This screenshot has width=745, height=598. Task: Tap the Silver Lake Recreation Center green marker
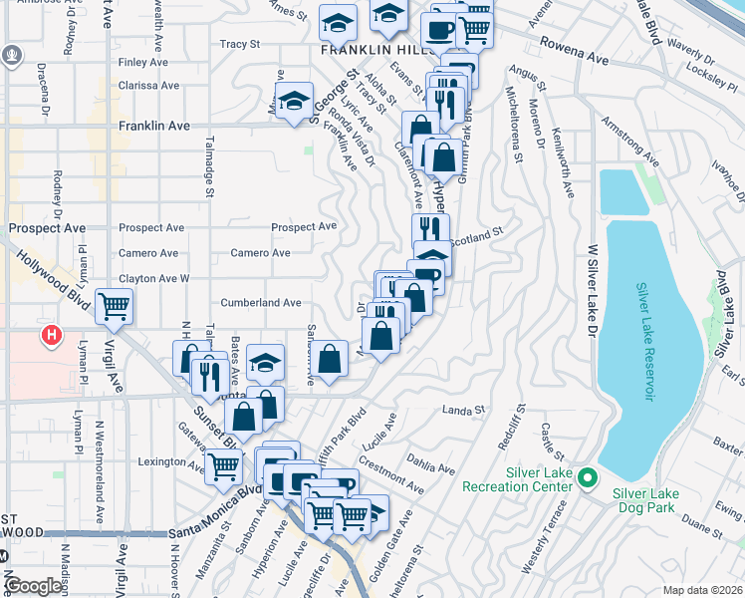point(588,479)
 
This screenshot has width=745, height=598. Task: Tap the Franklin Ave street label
point(153,127)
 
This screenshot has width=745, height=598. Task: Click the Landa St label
point(464,410)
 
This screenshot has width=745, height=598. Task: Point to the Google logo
point(34,585)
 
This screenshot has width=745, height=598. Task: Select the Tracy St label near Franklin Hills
point(239,44)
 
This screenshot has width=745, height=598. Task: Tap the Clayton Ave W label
point(154,278)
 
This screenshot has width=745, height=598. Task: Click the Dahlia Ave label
point(430,462)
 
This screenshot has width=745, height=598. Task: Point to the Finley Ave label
point(138,62)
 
